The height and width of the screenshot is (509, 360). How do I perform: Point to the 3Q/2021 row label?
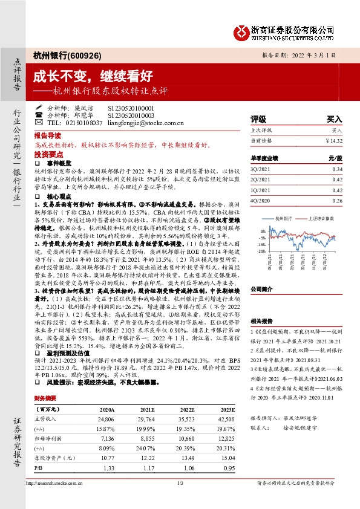pos(260,169)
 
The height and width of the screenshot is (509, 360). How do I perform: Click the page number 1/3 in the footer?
pos(180,499)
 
